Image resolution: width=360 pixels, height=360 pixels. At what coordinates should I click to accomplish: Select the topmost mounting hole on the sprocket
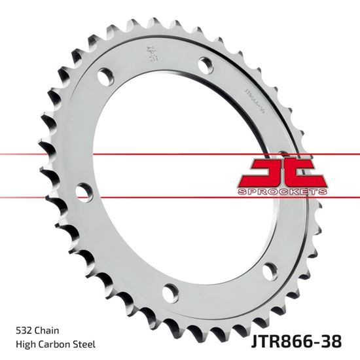click(205, 64)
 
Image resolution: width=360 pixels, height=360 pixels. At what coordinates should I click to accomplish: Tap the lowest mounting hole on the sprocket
click(170, 290)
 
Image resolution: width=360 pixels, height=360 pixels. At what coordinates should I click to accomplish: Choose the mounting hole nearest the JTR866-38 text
click(269, 270)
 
